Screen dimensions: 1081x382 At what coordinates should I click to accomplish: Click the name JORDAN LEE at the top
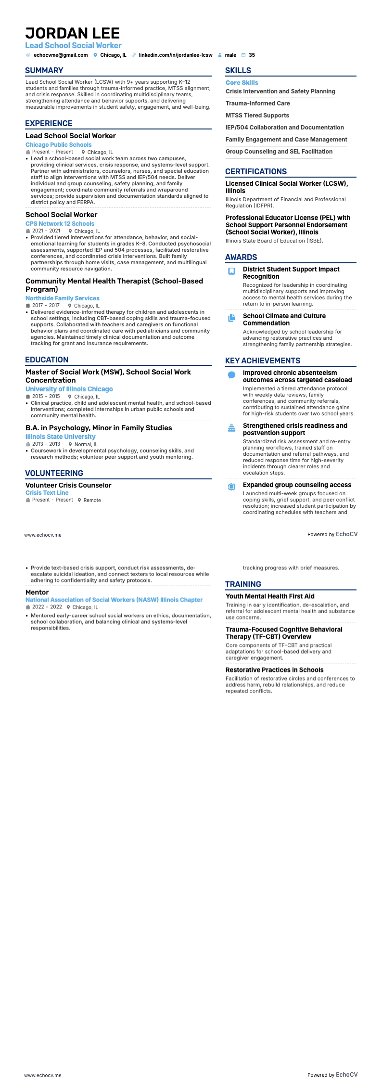(73, 33)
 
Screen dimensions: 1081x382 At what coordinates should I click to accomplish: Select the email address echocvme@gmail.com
(61, 55)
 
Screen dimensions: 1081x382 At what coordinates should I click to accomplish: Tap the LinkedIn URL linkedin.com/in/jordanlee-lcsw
(176, 55)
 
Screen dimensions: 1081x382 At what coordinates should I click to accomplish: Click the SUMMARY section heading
(44, 71)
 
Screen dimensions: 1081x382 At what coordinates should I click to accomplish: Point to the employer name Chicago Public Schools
(58, 145)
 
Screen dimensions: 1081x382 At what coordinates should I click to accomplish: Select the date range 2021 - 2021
(46, 231)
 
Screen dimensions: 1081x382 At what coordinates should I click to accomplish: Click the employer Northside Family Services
(63, 298)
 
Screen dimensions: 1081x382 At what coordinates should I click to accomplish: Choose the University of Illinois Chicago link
(69, 389)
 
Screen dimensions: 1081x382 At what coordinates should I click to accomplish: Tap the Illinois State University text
(61, 437)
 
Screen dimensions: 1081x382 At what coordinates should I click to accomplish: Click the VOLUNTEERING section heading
(54, 474)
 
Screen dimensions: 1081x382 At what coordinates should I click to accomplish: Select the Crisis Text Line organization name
(47, 493)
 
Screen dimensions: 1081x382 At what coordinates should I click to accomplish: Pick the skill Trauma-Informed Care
(258, 103)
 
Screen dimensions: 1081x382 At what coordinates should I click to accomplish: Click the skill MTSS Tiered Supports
(257, 116)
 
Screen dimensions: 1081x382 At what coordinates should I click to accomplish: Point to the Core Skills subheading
(242, 83)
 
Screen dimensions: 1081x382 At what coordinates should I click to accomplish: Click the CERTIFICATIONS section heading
(256, 172)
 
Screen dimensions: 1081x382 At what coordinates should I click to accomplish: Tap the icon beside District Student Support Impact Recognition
(231, 271)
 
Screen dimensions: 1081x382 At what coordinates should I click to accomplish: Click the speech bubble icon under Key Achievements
(231, 375)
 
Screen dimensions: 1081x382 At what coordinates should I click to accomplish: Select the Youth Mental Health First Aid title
(270, 596)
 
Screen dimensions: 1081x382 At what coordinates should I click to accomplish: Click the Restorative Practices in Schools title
(274, 670)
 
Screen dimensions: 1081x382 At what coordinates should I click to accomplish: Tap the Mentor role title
(37, 592)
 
